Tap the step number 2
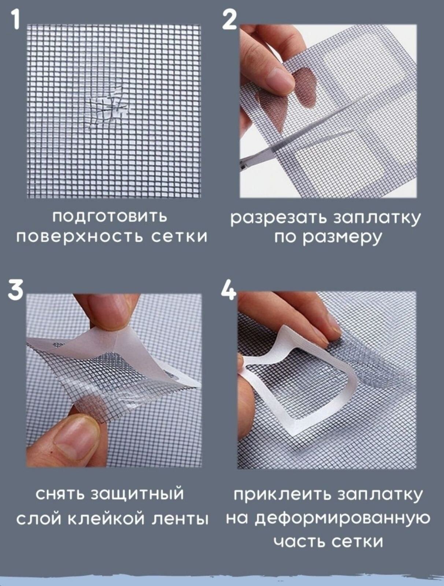[x=230, y=19]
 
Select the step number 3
[x=16, y=290]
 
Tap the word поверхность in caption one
[x=79, y=237]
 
